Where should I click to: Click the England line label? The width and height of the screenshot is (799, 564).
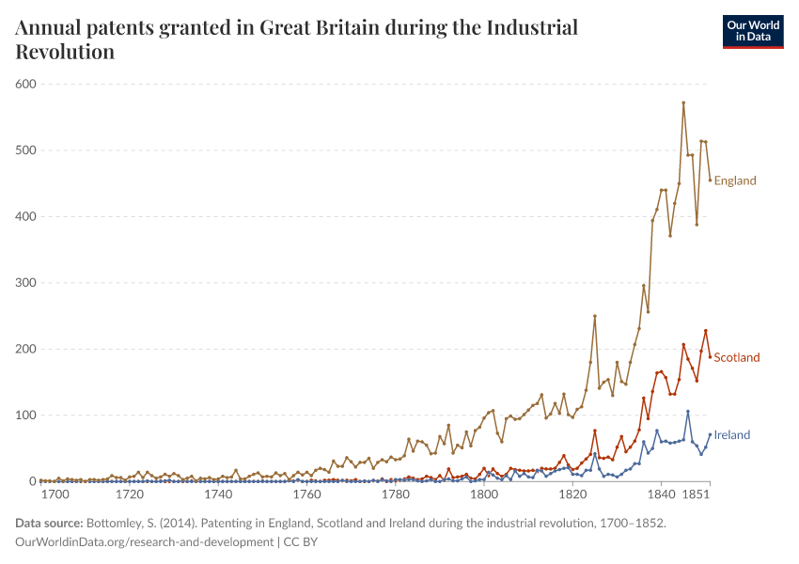[734, 180]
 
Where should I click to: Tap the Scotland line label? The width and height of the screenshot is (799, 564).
[737, 357]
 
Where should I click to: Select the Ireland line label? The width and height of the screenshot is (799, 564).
[732, 435]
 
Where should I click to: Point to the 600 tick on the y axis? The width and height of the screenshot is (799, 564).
[25, 85]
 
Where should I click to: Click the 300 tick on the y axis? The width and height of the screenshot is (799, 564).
[25, 283]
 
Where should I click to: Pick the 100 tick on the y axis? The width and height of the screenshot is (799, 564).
[25, 415]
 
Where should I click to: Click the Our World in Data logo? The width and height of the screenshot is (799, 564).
[752, 31]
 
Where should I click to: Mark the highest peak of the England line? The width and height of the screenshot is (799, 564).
[683, 102]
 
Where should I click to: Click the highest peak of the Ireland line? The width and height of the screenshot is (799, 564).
[688, 411]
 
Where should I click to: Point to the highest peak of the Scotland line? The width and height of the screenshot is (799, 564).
[705, 331]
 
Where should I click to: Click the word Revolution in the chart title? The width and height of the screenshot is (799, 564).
[65, 52]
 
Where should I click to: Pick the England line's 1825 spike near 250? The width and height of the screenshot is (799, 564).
[595, 316]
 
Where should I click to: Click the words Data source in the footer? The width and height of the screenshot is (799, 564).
[49, 524]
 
